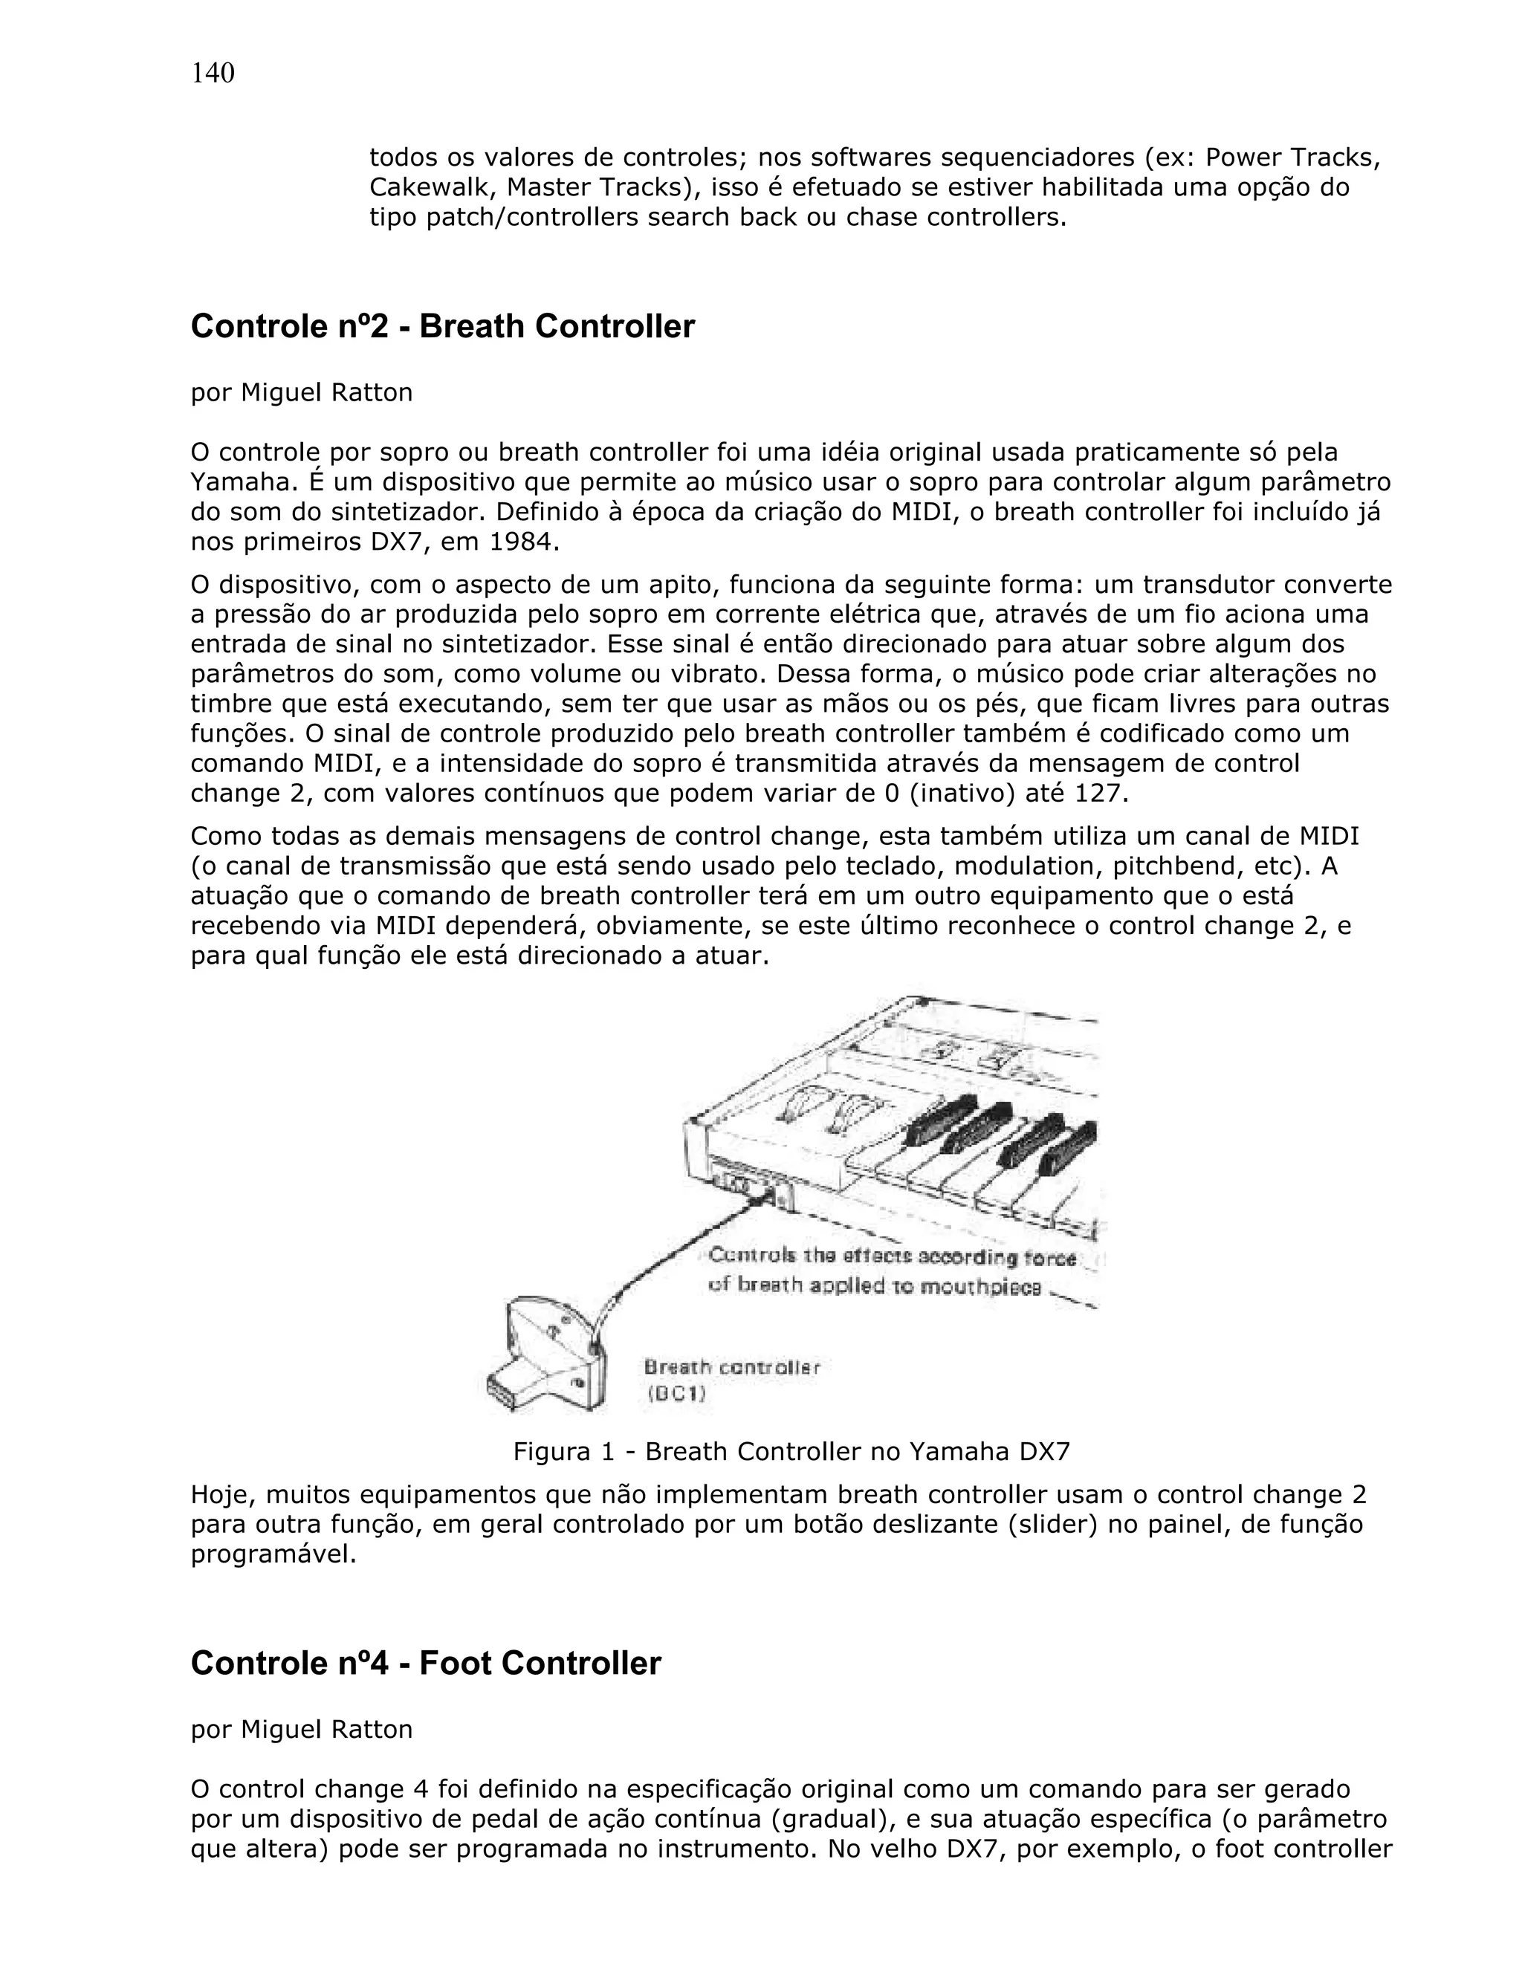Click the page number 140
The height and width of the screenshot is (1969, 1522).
[x=213, y=73]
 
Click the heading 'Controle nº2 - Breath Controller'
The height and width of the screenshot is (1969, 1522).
[x=442, y=326]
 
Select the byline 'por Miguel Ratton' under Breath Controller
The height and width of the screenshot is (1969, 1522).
[x=301, y=393]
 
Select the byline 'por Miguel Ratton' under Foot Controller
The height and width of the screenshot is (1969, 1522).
[x=301, y=1729]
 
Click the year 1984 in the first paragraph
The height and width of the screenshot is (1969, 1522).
[x=523, y=542]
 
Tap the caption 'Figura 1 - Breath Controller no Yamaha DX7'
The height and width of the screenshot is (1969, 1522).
[x=791, y=1452]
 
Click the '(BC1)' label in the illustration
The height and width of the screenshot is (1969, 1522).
[x=676, y=1395]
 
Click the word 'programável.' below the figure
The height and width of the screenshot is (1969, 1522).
[x=273, y=1554]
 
